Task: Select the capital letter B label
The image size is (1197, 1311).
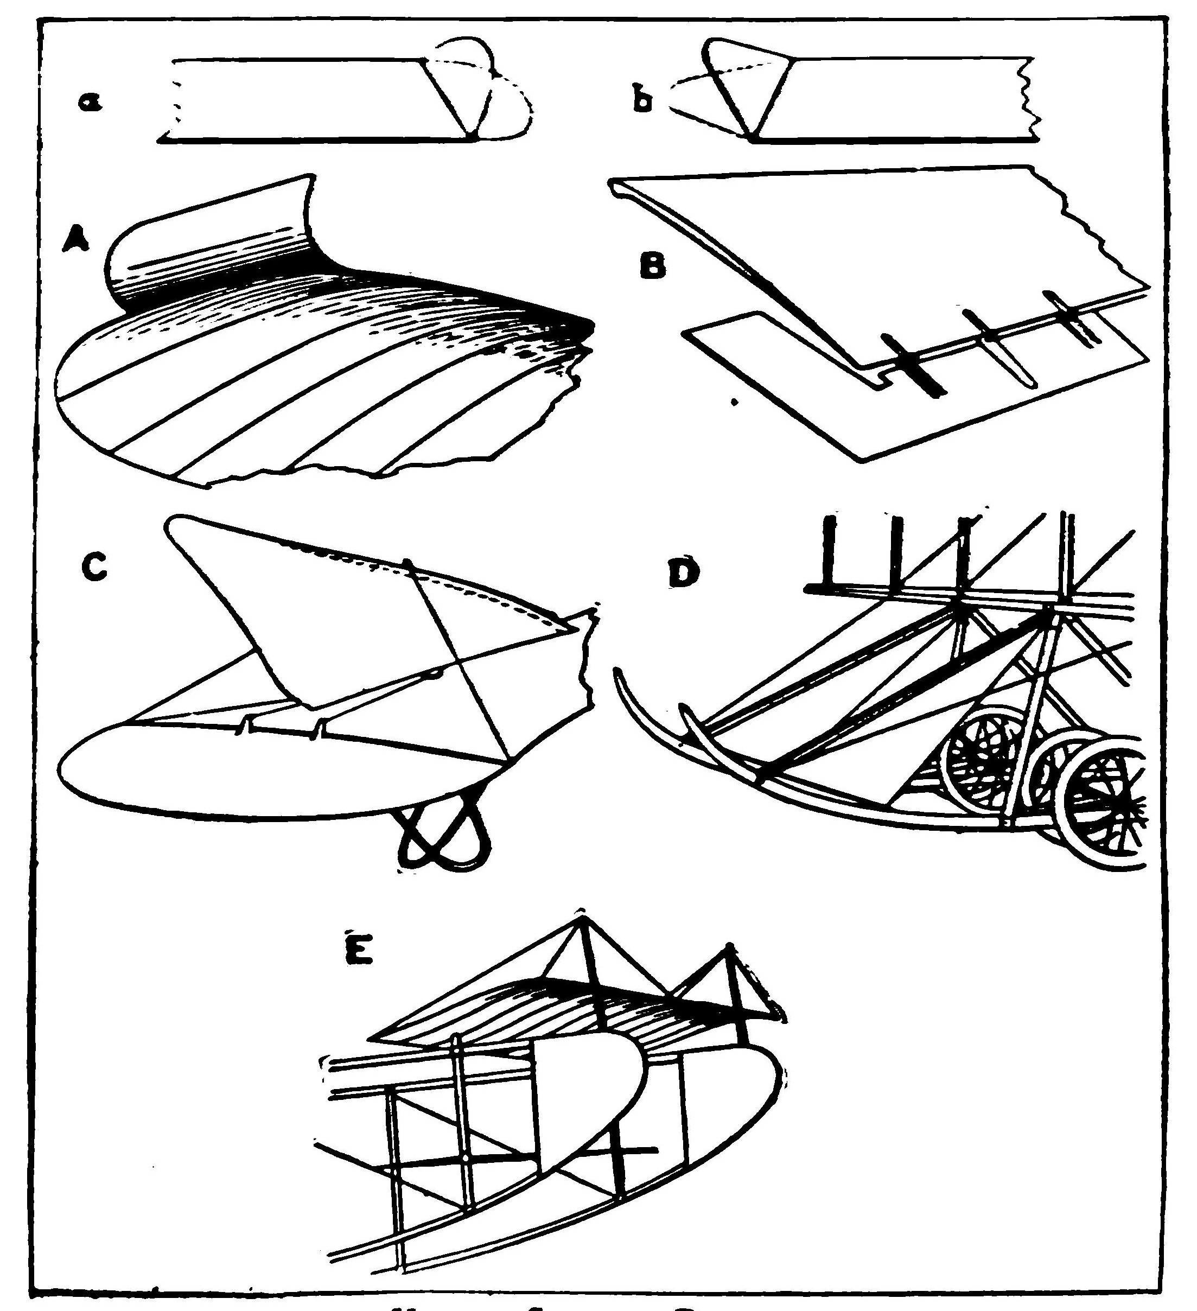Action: pyautogui.click(x=653, y=266)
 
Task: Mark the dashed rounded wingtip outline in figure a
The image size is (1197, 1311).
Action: pyautogui.click(x=514, y=98)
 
